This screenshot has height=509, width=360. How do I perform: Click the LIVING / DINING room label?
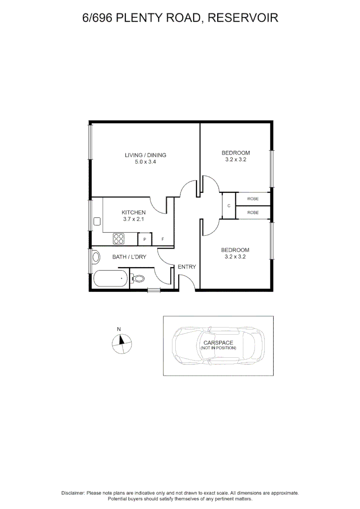145,155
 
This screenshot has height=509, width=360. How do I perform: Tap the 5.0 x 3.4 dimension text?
145,162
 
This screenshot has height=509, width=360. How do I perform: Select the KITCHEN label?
133,213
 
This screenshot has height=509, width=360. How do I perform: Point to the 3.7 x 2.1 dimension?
133,219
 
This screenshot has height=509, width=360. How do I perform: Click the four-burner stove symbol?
118,239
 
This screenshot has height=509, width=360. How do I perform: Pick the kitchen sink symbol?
98,221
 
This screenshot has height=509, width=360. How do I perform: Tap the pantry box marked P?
144,240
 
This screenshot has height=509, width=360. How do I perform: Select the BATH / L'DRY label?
129,257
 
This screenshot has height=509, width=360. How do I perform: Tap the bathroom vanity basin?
96,257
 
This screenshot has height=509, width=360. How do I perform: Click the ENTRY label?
187,267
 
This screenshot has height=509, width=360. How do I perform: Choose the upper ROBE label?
253,199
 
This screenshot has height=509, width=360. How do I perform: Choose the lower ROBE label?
253,213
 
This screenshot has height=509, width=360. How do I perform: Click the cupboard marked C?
229,206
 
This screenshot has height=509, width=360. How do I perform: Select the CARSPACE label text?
218,343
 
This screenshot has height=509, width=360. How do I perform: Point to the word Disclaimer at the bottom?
73,493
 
